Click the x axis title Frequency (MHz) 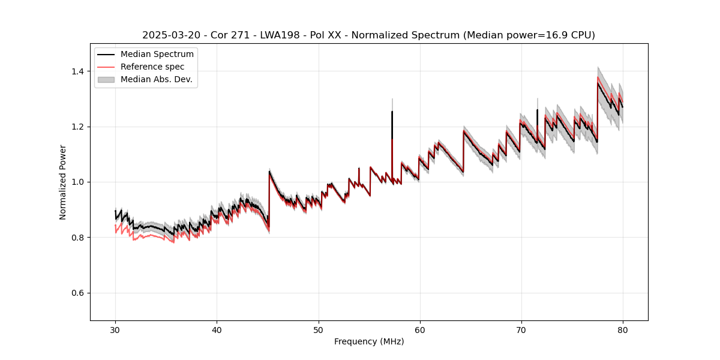point(369,341)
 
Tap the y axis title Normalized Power point(63,182)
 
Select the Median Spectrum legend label point(157,55)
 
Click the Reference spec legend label point(152,67)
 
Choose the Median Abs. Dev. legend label point(157,79)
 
